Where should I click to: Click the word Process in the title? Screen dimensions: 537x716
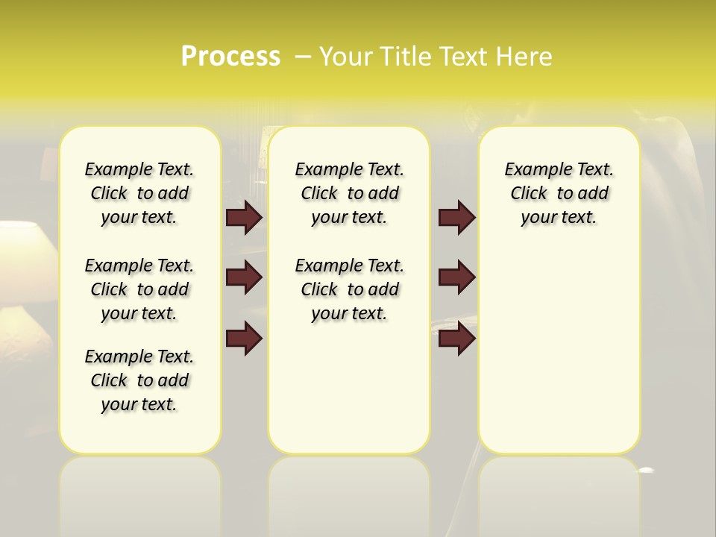230,56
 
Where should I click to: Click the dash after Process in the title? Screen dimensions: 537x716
303,56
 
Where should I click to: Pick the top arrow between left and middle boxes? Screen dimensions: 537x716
244,217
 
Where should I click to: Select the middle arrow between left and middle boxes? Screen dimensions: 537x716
244,277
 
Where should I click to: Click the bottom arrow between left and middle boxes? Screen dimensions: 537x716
244,339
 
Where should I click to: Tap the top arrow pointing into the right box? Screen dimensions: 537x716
456,217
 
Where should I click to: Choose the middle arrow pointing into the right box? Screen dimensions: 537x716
456,277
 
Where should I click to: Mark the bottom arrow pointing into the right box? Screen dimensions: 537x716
456,339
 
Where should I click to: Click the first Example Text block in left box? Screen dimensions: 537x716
139,193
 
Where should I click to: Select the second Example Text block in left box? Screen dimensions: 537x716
139,289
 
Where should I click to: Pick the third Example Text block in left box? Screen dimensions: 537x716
139,380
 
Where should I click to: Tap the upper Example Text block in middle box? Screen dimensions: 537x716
349,193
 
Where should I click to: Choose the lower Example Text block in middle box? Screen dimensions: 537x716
349,289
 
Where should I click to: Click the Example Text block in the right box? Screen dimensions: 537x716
559,193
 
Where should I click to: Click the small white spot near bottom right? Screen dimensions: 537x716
647,470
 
